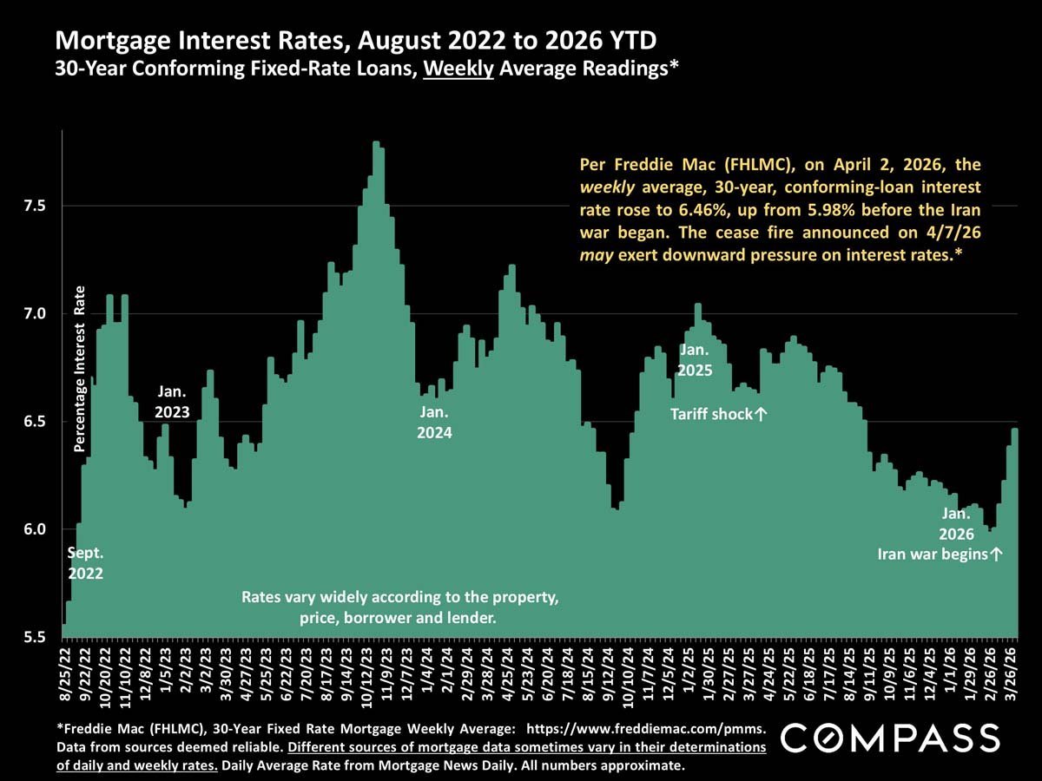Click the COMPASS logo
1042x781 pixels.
coord(891,738)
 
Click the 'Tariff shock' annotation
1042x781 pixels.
coord(719,415)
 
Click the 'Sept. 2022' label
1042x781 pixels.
coord(86,562)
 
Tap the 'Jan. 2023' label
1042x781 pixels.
coord(172,402)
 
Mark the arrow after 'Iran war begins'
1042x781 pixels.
coord(996,554)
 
